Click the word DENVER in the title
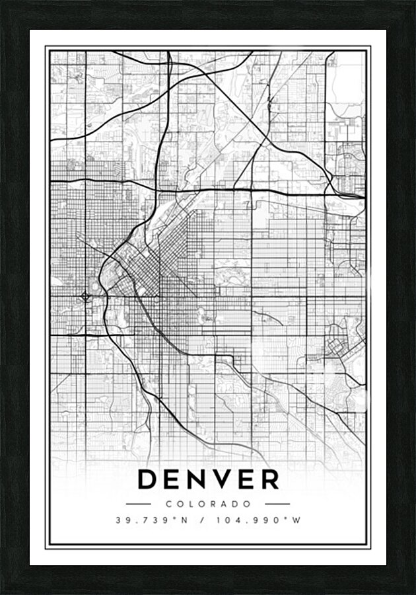point(208,479)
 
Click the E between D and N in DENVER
point(173,479)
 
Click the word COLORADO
point(208,504)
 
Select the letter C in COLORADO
point(169,504)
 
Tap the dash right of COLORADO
point(277,504)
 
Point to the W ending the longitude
point(297,520)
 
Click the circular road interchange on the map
point(85,296)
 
